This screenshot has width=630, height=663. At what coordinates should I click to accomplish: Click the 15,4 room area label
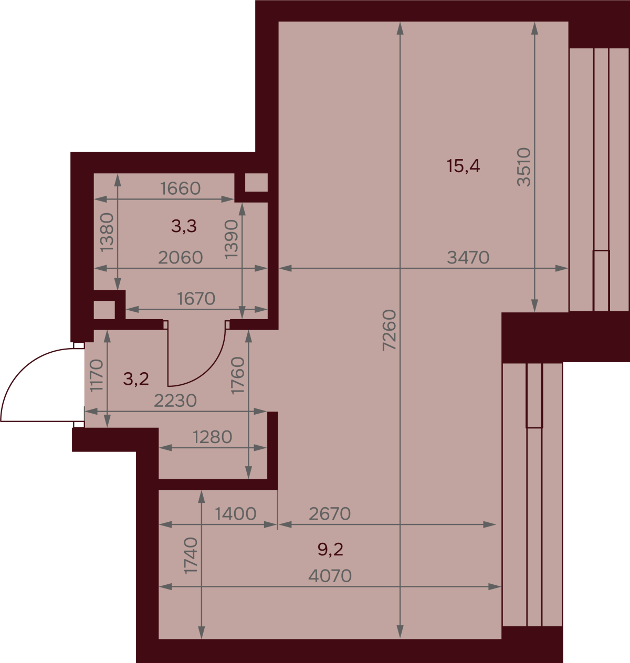point(463,166)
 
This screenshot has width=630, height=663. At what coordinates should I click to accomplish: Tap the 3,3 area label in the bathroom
point(184,226)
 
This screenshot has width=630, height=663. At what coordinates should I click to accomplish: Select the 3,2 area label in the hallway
point(136,379)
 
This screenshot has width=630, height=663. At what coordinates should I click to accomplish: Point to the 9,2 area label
point(330,550)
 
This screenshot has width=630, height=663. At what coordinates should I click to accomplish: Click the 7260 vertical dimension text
point(389,331)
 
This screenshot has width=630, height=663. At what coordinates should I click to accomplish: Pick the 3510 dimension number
point(524,167)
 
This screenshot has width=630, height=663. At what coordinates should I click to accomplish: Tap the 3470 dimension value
point(468,258)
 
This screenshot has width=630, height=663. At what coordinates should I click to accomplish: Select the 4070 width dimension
point(330,576)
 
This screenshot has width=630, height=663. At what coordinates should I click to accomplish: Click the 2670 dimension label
point(330,514)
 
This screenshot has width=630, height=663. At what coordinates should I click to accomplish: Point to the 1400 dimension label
point(235,514)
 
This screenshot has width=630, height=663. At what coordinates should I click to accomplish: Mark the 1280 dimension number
point(212,437)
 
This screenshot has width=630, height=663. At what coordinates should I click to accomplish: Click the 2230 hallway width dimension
point(175,401)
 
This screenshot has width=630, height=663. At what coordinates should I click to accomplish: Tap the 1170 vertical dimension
point(97,375)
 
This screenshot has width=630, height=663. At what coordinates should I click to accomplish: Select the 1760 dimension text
point(237,375)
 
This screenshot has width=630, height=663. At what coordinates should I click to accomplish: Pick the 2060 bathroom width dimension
point(181,258)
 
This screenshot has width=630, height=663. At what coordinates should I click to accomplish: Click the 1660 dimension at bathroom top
point(181,188)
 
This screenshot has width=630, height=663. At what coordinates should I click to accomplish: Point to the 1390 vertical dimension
point(232,239)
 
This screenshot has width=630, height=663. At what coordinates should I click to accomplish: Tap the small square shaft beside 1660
point(256,183)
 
